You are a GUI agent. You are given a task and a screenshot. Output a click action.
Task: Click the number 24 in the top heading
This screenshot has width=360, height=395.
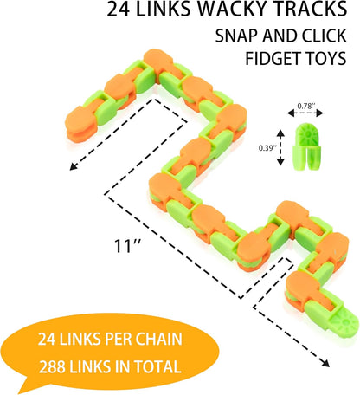point(119,10)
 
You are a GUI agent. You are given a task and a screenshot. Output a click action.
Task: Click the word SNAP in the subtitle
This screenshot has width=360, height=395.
point(236,36)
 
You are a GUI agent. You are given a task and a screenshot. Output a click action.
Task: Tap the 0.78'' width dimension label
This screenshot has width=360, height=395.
point(305,106)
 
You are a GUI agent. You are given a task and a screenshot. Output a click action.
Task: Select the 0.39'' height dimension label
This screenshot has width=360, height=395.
point(267,148)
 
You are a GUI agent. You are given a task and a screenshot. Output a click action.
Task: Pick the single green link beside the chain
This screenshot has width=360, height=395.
point(306,146)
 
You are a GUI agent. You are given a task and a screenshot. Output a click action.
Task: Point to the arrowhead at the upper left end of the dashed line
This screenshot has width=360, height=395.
point(74,166)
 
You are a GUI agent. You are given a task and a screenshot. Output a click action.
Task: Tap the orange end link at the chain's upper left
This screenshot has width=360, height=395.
point(80,124)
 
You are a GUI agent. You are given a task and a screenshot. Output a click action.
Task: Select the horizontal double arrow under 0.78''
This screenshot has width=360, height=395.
point(305,113)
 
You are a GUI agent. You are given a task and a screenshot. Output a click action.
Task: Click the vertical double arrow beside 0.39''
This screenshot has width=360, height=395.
point(280,148)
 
